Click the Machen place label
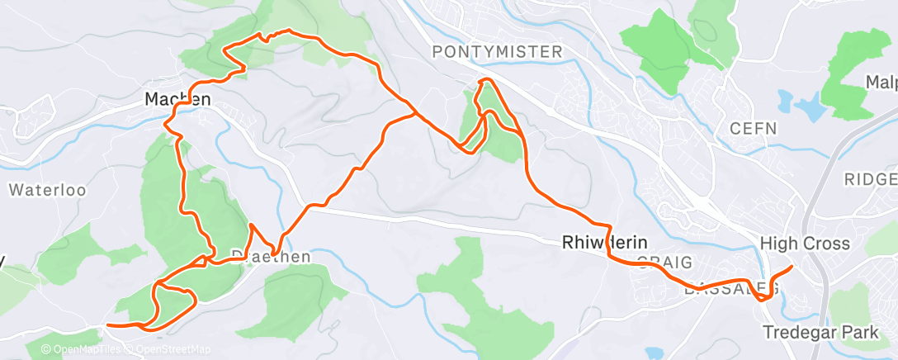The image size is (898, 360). tap(178, 99)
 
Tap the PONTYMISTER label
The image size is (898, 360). tap(498, 52)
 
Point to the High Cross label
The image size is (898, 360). tap(804, 244)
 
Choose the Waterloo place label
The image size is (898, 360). tap(47, 190)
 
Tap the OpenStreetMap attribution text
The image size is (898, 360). tap(170, 350)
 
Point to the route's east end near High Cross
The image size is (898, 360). tap(792, 267)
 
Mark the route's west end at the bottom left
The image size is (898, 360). tap(109, 325)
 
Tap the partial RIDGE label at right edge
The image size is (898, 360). tap(870, 179)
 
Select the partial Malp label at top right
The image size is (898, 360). tap(881, 83)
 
